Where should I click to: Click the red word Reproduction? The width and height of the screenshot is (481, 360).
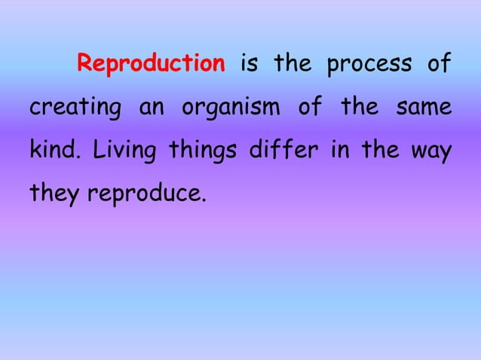(151, 63)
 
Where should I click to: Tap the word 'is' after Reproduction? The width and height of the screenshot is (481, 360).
(249, 63)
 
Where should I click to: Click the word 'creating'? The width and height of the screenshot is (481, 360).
(73, 108)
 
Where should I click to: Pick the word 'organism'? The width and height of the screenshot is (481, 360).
(229, 108)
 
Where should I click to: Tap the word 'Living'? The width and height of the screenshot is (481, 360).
(124, 151)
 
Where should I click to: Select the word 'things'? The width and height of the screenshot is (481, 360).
(198, 151)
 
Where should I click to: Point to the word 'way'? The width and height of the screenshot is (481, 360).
(433, 151)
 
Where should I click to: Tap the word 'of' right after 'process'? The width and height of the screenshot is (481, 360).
(438, 63)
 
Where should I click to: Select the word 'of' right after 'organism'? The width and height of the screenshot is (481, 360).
(309, 107)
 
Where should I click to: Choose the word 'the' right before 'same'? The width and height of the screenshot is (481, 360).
(359, 107)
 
